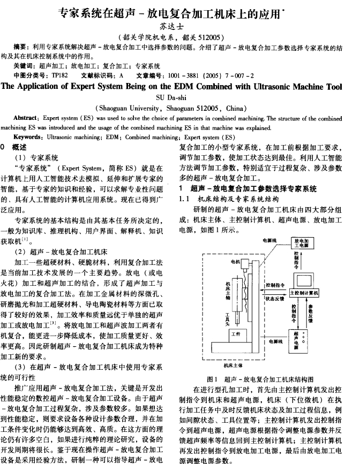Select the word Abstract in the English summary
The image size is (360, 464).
coord(24,118)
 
